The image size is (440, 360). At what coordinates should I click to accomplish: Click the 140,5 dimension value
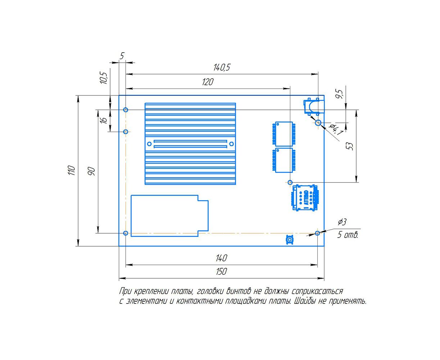(x=222, y=67)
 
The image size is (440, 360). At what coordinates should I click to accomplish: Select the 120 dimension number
(x=208, y=82)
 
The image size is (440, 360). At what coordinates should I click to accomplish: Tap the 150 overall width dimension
(x=221, y=272)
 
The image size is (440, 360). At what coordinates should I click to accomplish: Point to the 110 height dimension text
(x=72, y=170)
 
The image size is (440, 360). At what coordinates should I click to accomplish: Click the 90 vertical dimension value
(x=91, y=171)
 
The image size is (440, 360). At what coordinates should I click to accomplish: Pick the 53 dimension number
(x=349, y=146)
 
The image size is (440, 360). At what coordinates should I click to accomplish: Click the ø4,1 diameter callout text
(x=336, y=129)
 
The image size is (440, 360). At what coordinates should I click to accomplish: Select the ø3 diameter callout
(x=342, y=222)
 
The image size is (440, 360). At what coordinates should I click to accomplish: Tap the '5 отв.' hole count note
(x=348, y=235)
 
